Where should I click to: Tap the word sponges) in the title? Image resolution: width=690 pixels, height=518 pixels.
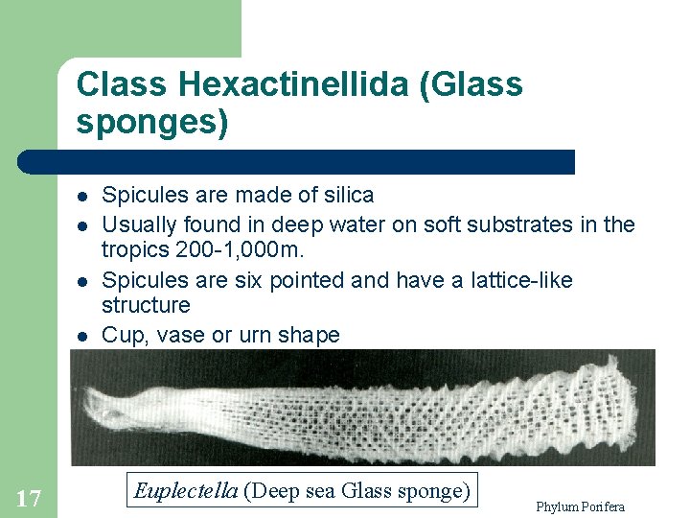click(x=152, y=124)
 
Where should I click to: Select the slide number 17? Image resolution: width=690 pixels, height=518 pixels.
click(x=29, y=497)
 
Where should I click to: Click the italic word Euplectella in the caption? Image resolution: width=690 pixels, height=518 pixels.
click(x=186, y=491)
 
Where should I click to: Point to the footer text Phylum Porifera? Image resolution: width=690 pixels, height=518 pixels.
click(x=581, y=506)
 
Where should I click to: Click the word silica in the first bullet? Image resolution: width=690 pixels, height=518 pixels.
click(x=346, y=195)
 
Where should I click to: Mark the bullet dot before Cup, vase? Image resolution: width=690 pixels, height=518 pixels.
click(x=82, y=336)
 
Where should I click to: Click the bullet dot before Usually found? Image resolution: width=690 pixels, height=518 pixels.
click(x=82, y=225)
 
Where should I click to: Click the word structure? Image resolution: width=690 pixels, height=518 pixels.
click(x=146, y=305)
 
